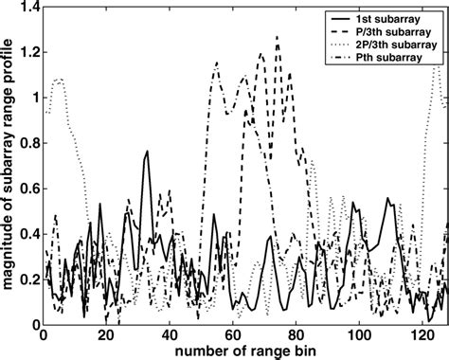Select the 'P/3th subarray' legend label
(x=398, y=33)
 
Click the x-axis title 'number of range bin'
(x=244, y=351)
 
